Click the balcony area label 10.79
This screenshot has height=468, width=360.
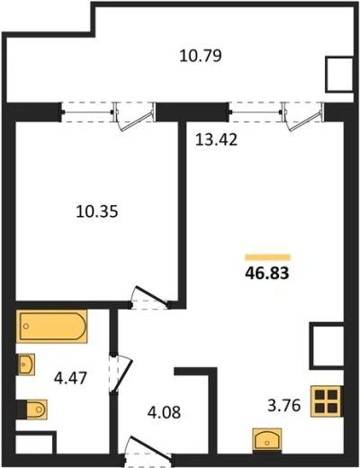point(201,56)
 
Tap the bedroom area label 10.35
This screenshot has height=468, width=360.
point(97,211)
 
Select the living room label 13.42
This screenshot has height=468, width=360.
point(216,139)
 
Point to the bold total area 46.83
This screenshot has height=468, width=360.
point(267,274)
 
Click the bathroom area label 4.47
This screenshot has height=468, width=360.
point(70,378)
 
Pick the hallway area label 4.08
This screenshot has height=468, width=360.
point(164,412)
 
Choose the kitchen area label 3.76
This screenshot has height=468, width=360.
point(284,406)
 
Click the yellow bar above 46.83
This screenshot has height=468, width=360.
point(267,257)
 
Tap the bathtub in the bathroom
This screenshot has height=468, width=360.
point(51,326)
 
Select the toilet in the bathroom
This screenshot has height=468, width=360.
point(32,409)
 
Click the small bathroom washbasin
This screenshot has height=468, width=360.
point(26,364)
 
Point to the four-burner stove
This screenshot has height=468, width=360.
point(327,401)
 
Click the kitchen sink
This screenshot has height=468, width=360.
point(267,440)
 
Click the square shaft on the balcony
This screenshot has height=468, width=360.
point(339,74)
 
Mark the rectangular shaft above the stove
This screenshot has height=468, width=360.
point(327,346)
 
